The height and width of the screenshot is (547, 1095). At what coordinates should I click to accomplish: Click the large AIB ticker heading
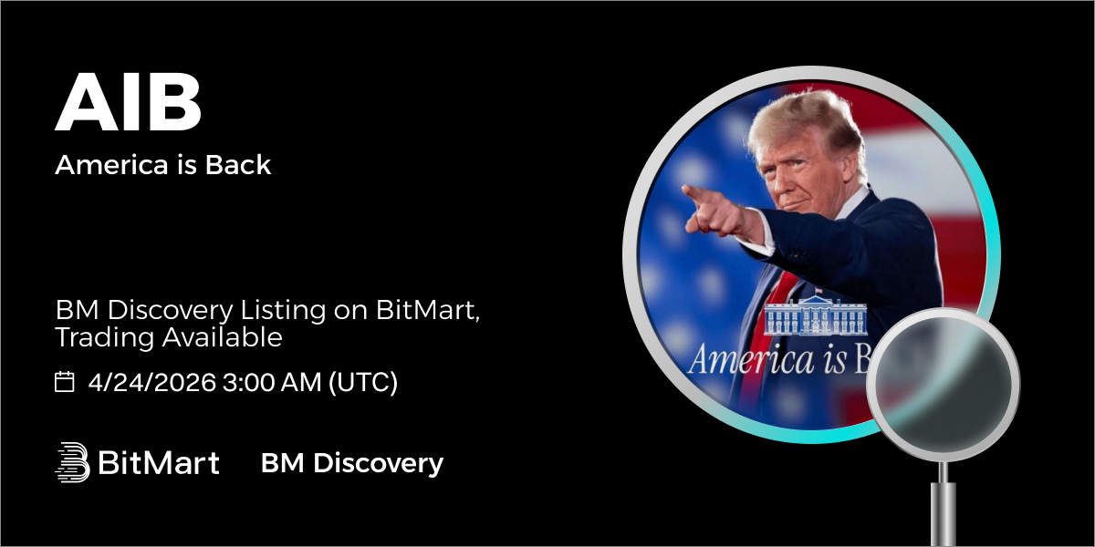coord(128,102)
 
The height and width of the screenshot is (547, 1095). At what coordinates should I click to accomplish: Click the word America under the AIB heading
coord(111,165)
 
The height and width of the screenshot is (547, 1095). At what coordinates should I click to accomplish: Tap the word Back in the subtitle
coord(238,165)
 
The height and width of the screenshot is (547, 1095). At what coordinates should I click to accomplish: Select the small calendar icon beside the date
coord(64,381)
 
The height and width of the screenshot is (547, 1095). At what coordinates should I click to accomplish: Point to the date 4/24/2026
coord(152,382)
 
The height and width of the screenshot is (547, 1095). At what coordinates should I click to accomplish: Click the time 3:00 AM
coord(272,382)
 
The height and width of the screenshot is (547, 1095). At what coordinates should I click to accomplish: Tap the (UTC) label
coord(363,382)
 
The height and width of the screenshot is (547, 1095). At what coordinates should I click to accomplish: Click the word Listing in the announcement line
coord(283,311)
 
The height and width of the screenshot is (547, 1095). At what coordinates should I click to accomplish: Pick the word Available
coord(223,337)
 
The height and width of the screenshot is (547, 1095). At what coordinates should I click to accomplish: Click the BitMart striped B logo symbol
coord(72,462)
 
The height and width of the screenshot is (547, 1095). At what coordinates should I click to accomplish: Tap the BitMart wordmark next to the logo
coord(159,462)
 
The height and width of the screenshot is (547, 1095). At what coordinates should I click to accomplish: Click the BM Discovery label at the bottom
coord(352,463)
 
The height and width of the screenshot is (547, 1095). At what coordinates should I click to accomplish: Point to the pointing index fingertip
coord(685,189)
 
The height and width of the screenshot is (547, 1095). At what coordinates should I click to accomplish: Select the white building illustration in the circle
coord(816,315)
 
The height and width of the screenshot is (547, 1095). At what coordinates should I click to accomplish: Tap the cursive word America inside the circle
coord(752,359)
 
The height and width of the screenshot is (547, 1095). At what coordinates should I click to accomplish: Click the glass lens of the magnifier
coord(943,385)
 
